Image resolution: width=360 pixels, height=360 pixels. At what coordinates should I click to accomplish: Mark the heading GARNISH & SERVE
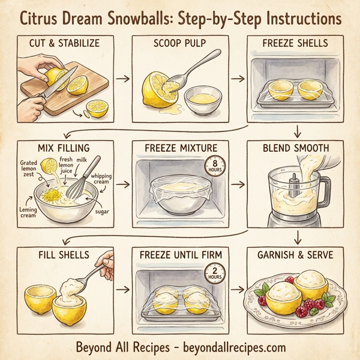click(x=295, y=254)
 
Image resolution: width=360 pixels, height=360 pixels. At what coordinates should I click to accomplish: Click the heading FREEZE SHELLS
click(x=295, y=43)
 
